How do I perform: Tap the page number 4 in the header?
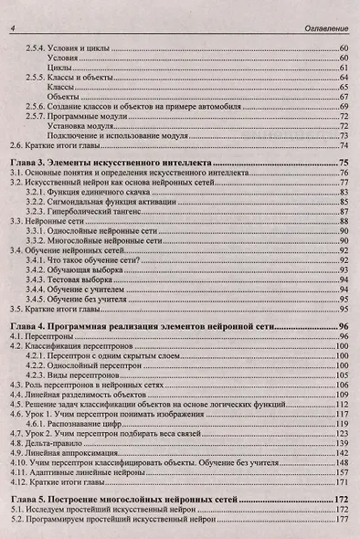pyautogui.click(x=12, y=31)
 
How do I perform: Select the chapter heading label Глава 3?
pyautogui.click(x=29, y=161)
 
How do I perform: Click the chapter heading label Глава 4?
pyautogui.click(x=29, y=325)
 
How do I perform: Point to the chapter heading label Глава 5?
pyautogui.click(x=29, y=501)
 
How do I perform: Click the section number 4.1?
pyautogui.click(x=16, y=337)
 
